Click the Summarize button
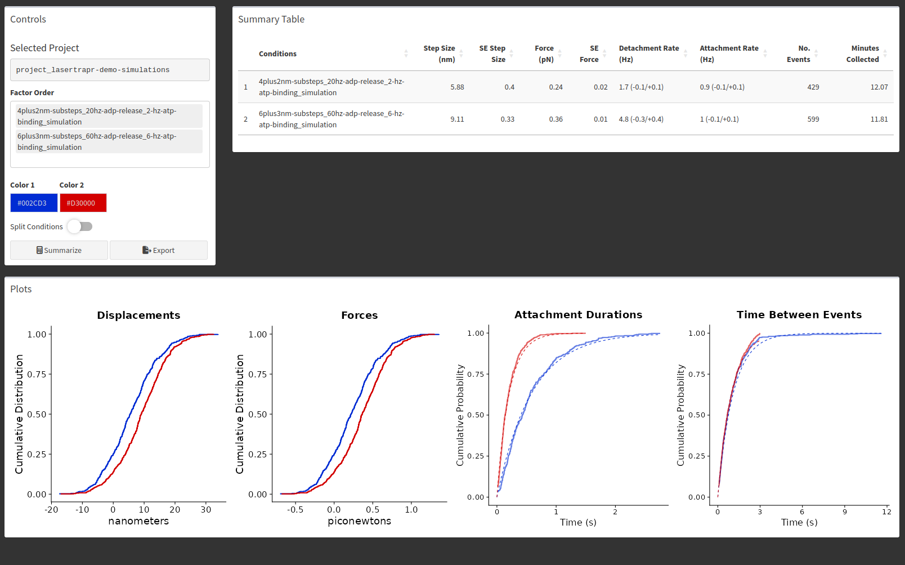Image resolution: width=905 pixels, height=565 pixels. point(59,250)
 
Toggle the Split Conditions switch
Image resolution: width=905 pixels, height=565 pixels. point(80,226)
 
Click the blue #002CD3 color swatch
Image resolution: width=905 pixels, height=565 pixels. point(34,203)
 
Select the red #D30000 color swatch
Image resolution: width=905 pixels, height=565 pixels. point(83,203)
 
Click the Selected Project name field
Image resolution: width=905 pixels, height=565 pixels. point(110,69)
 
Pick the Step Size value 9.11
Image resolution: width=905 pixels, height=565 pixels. point(457,119)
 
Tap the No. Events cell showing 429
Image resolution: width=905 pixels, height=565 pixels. point(813,87)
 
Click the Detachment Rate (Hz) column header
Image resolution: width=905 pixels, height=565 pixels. point(648,54)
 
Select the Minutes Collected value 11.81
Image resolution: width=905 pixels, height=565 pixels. point(879,119)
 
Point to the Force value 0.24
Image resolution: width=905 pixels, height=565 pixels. point(555,87)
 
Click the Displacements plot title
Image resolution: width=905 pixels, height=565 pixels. point(138,315)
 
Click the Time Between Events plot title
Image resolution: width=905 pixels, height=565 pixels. point(799,315)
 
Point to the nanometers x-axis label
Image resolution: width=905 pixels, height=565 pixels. point(138,521)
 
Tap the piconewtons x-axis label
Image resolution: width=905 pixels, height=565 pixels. point(359,521)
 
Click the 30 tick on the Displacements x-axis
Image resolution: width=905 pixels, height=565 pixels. point(205,510)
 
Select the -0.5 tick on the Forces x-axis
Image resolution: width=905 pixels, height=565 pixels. point(295,510)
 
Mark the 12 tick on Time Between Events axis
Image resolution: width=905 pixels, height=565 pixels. point(886,511)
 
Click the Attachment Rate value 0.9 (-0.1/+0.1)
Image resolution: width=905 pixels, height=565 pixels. point(722,87)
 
